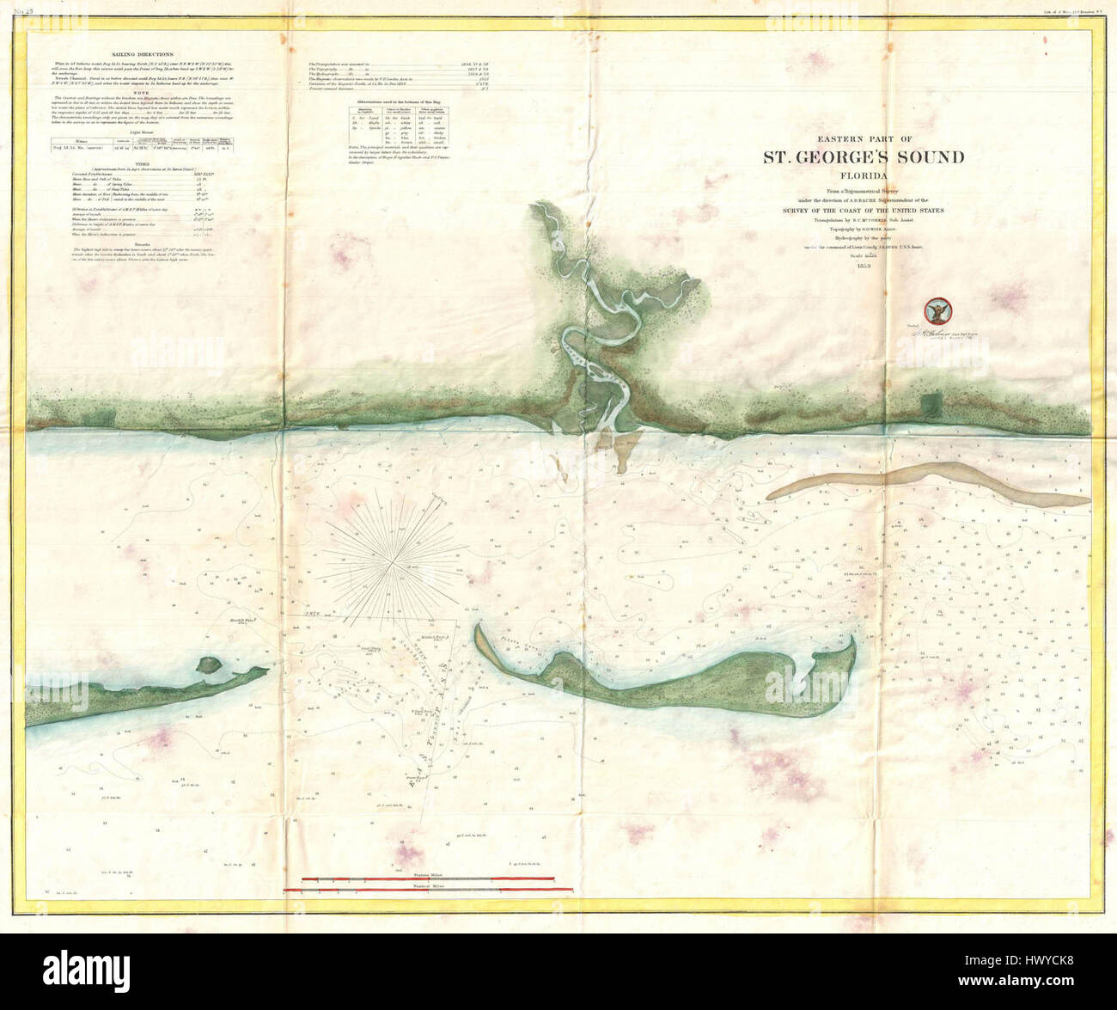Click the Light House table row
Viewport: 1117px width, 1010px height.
(143, 148)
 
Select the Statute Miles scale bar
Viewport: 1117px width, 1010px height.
(428, 878)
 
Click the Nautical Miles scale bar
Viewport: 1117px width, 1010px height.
(428, 890)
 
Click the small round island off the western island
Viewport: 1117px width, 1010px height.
(207, 664)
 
